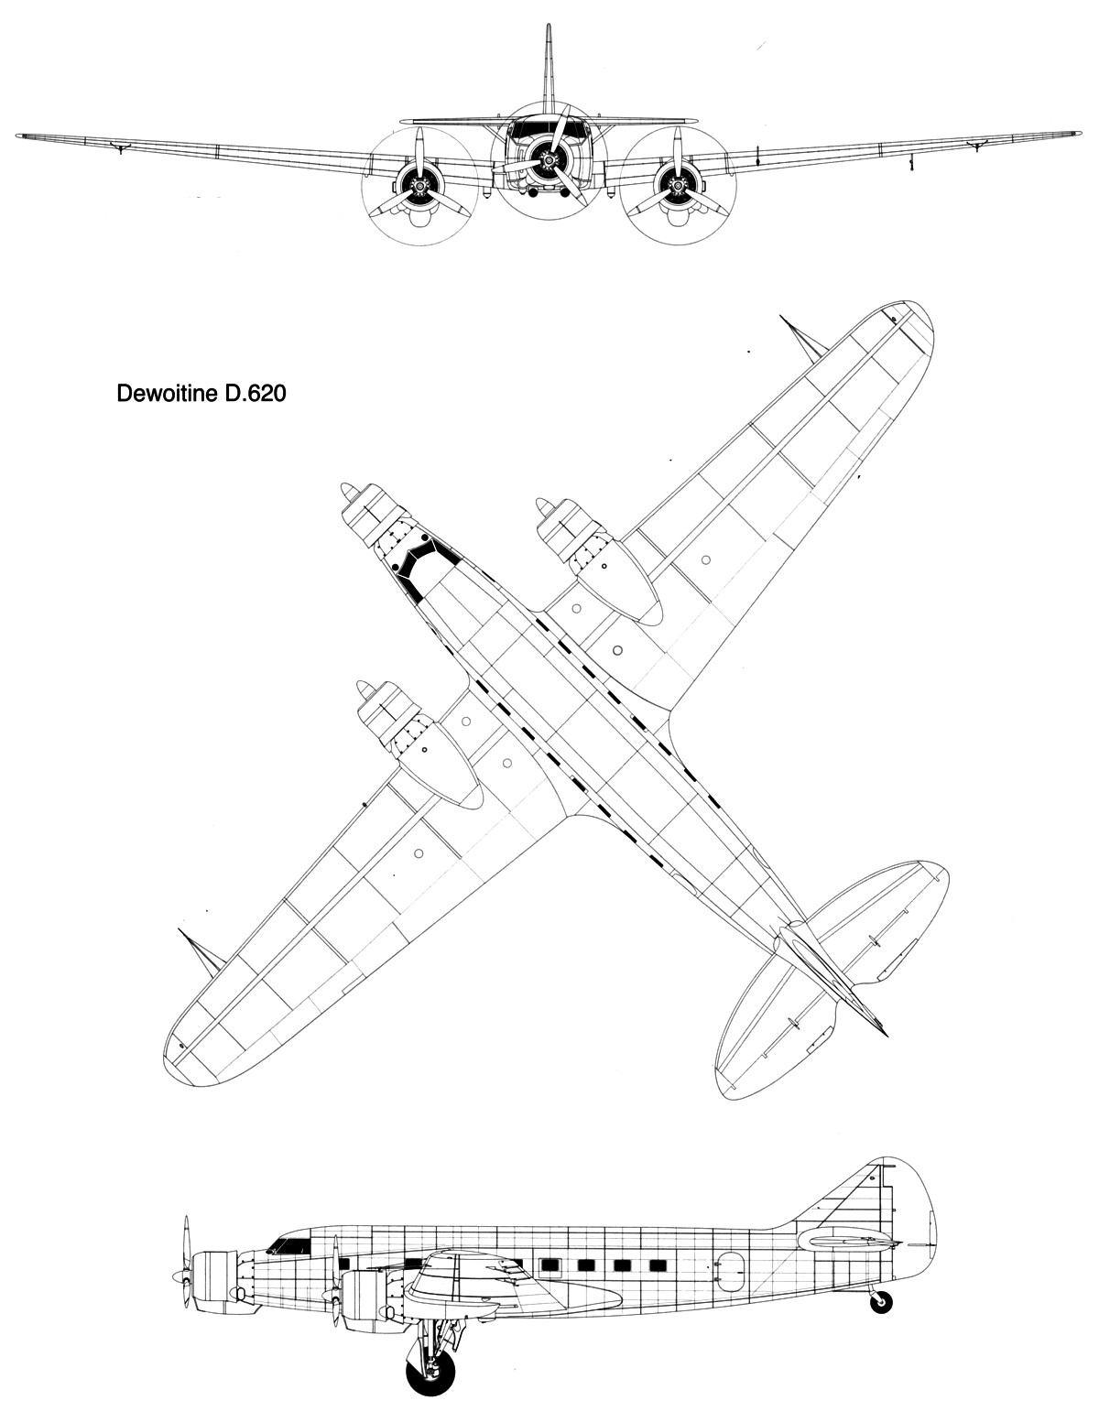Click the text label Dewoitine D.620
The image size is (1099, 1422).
pos(201,394)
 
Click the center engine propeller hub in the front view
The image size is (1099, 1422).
pos(543,157)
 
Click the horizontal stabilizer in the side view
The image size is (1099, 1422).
pos(844,1237)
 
